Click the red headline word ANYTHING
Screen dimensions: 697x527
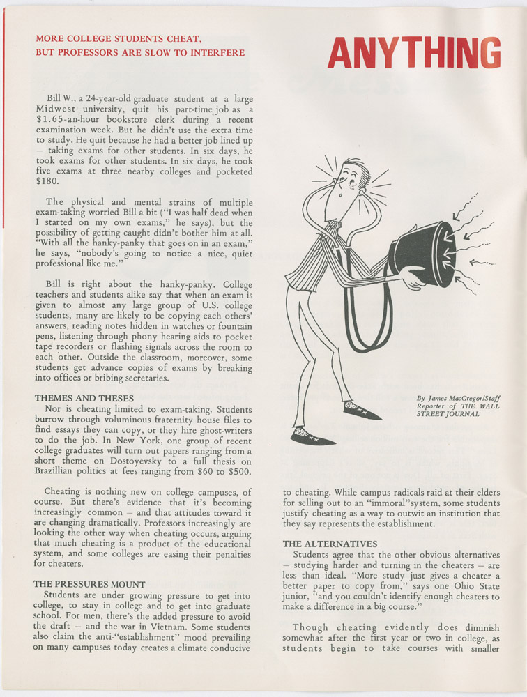click(414, 52)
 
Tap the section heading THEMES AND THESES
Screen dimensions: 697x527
click(84, 398)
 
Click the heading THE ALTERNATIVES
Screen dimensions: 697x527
click(330, 543)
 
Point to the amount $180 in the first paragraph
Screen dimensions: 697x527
click(47, 181)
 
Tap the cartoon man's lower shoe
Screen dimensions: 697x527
click(311, 436)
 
